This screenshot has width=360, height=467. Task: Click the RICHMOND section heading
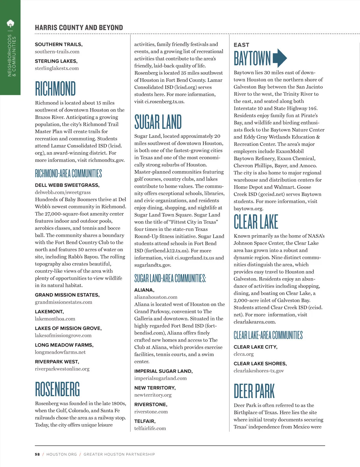point(55,88)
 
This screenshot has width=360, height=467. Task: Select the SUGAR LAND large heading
point(158,122)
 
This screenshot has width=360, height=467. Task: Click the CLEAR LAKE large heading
point(256,222)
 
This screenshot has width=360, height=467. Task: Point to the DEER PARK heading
point(254,391)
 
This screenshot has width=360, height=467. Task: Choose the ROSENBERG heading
point(57,389)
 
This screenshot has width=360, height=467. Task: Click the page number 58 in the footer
point(37,454)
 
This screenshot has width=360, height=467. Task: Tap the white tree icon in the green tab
point(10,23)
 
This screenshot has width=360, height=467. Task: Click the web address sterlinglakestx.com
point(57,68)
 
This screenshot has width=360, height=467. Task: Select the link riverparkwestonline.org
point(62,369)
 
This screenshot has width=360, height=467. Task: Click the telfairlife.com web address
point(150,428)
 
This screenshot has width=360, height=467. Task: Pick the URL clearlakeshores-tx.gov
point(259,371)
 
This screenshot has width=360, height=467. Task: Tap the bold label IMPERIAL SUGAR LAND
point(163,371)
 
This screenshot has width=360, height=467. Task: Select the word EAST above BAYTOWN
point(241,45)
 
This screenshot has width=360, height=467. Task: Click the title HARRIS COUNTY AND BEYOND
point(79,28)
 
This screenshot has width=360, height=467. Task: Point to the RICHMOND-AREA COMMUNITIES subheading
point(68,173)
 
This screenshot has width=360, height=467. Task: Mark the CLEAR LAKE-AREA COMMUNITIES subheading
point(268,335)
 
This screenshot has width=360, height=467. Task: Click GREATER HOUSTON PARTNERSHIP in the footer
point(119,454)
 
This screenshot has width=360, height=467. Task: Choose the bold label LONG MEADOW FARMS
point(64,345)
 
